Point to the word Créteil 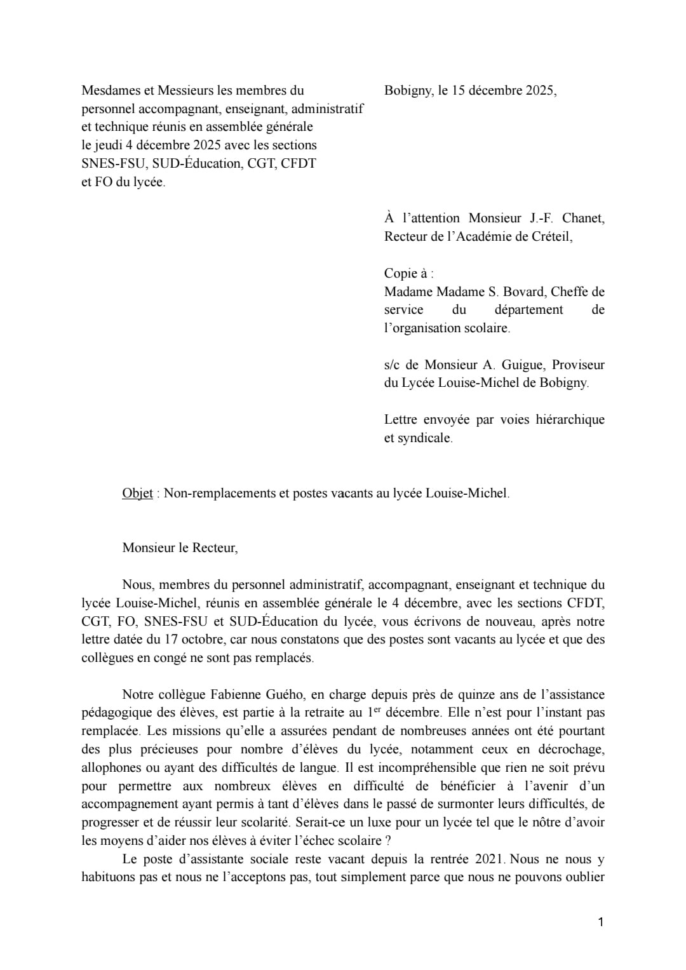coord(549,236)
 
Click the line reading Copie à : coord(408,273)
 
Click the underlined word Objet coord(137,493)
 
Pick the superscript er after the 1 coord(377,709)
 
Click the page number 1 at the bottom coord(600,922)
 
